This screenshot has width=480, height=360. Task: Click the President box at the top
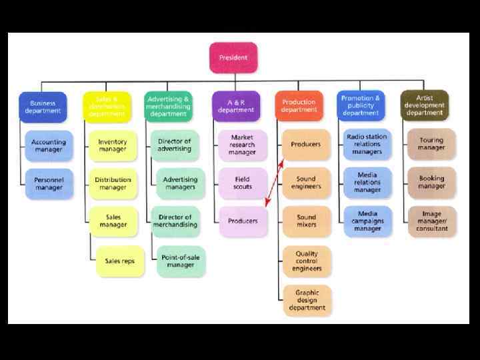pyautogui.click(x=233, y=58)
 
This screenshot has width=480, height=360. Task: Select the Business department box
pyautogui.click(x=43, y=107)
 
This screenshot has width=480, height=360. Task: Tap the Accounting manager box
pyautogui.click(x=49, y=145)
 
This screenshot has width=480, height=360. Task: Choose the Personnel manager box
pyautogui.click(x=49, y=183)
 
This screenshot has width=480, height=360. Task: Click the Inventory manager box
pyautogui.click(x=113, y=145)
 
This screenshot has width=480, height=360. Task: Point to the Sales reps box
pyautogui.click(x=119, y=261)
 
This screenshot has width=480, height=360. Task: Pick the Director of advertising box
pyautogui.click(x=175, y=145)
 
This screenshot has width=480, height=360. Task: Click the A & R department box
pyautogui.click(x=235, y=107)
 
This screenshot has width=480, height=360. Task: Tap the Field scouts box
pyautogui.click(x=243, y=183)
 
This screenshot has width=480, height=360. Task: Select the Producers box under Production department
pyautogui.click(x=306, y=145)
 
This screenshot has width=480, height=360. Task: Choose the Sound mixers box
pyautogui.click(x=306, y=221)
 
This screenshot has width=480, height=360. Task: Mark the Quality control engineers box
pyautogui.click(x=306, y=261)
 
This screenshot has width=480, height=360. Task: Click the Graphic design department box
pyautogui.click(x=306, y=300)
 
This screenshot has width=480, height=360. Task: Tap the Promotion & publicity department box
pyautogui.click(x=361, y=105)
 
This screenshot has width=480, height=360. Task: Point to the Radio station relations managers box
pyautogui.click(x=367, y=145)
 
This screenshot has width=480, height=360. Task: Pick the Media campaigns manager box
pyautogui.click(x=367, y=221)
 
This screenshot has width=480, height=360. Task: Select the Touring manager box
pyautogui.click(x=431, y=145)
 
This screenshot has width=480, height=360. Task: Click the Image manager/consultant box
pyautogui.click(x=431, y=221)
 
